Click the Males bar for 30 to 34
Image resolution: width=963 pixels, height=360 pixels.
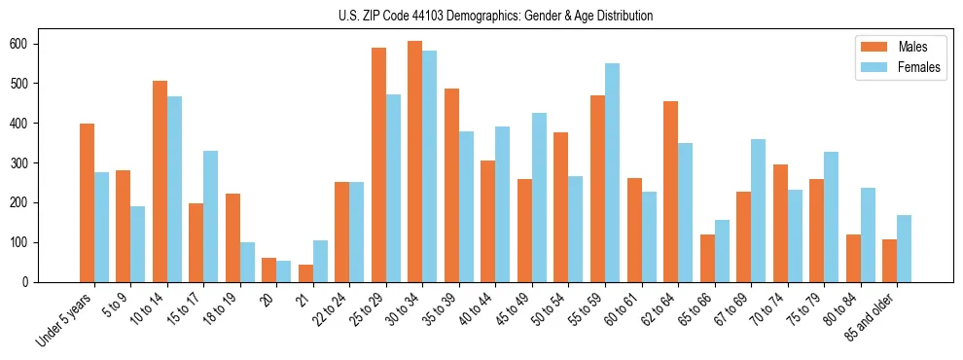415,162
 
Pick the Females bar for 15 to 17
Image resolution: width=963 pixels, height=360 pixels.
211,216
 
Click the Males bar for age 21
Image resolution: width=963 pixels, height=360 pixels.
305,273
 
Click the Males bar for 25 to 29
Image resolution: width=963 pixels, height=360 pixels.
378,164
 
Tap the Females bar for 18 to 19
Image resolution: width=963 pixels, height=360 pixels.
247,262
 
